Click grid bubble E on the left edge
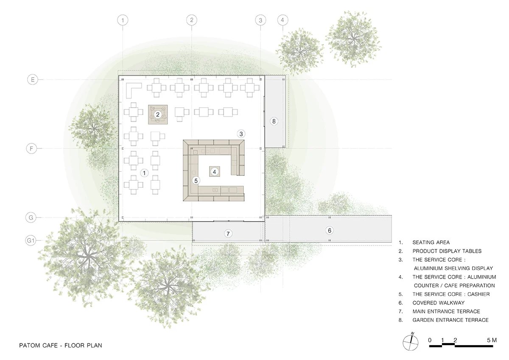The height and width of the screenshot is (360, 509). pos(33,80)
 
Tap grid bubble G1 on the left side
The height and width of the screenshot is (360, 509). pos(31,240)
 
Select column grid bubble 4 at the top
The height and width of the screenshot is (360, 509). pos(282,20)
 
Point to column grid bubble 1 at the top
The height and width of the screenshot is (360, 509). pos(123,20)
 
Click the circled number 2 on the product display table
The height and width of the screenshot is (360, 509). pos(158,114)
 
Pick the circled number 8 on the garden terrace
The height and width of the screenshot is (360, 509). pos(274,121)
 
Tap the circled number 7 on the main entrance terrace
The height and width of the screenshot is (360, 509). pos(228,234)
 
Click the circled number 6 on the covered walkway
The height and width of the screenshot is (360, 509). pos(330,231)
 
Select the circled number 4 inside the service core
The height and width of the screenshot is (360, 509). pos(215,172)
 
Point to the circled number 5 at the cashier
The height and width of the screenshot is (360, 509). pos(196,181)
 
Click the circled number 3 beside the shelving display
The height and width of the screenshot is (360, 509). pos(241,134)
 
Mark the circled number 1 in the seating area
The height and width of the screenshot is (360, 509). pos(144,173)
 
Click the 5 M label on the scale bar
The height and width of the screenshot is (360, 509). pos(492,340)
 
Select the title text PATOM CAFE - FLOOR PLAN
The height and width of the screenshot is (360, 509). pos(61,346)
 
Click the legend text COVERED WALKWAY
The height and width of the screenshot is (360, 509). pos(439,303)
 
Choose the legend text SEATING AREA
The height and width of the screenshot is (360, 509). pos(431,243)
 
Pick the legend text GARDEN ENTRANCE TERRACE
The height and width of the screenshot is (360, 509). pos(450,320)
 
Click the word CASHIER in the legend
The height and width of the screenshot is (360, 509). pos(478,294)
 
